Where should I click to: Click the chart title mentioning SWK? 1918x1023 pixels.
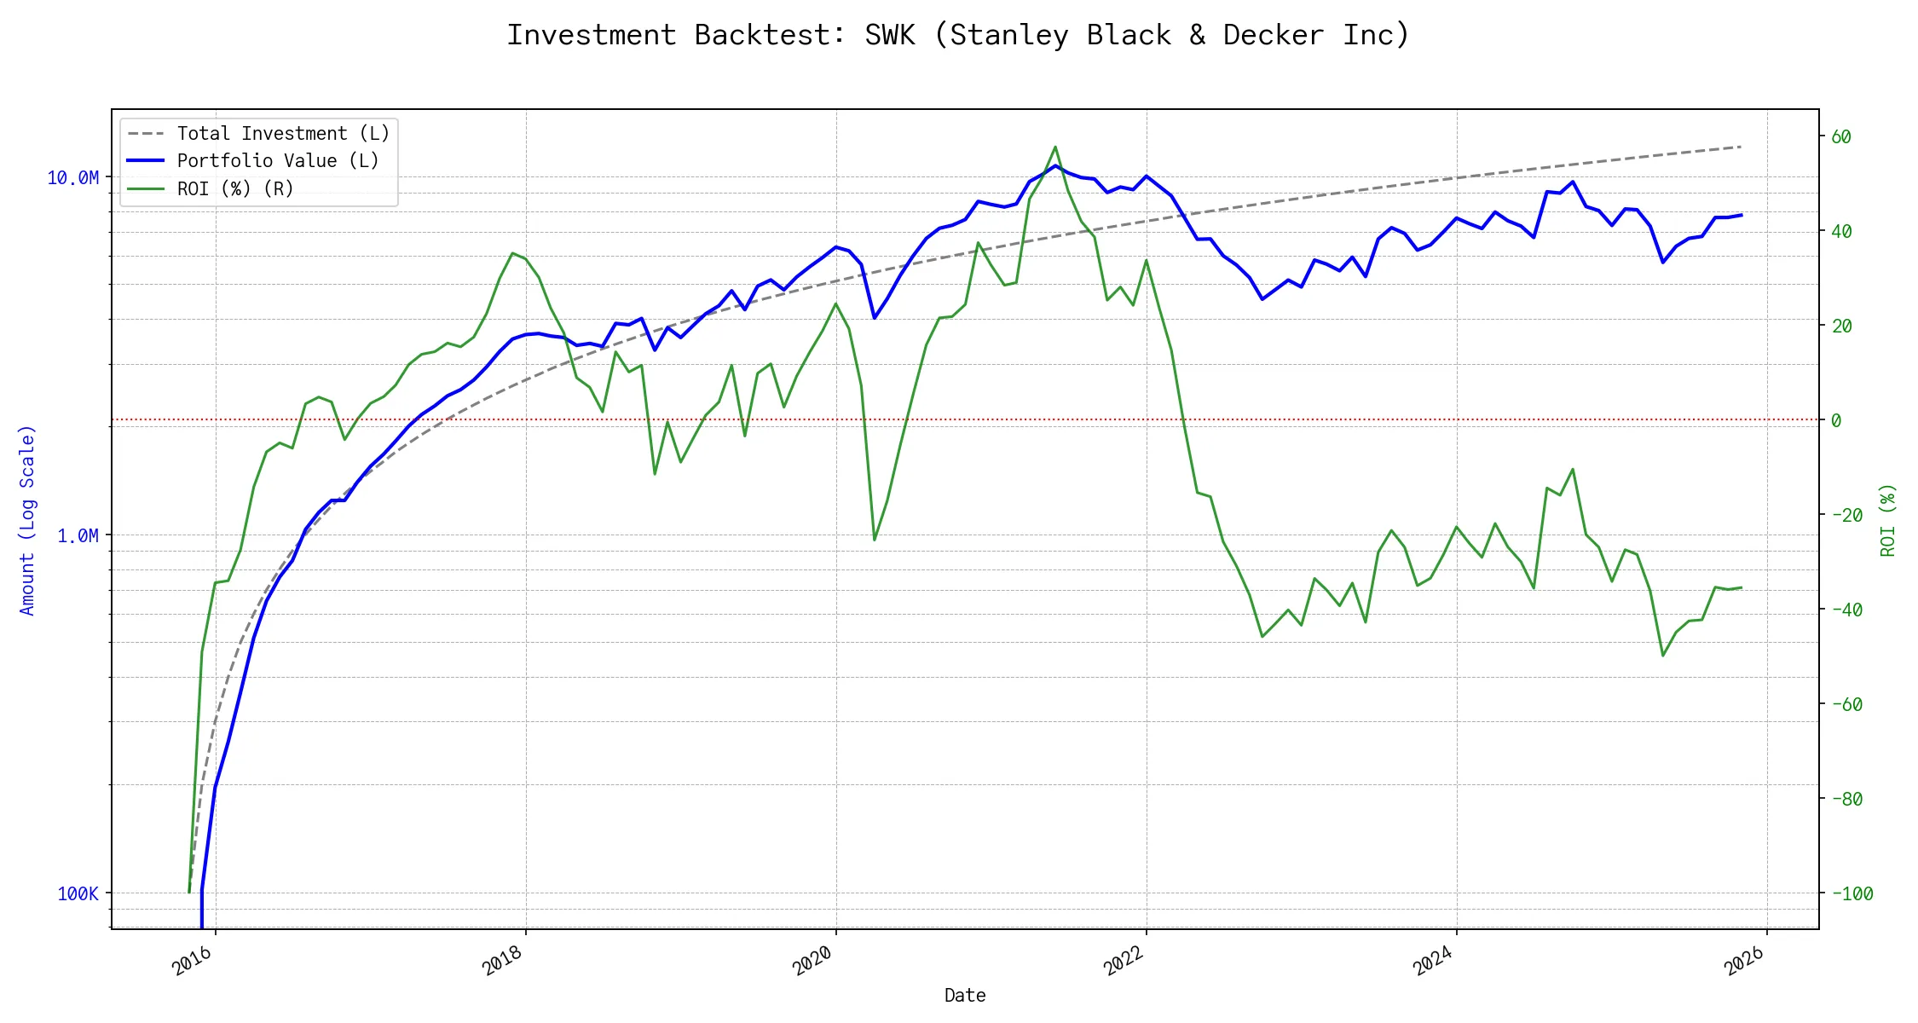click(x=958, y=35)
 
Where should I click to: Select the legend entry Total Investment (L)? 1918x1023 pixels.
click(x=282, y=134)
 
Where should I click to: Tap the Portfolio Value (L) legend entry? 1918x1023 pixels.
click(x=277, y=161)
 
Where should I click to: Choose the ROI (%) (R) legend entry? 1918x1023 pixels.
click(x=234, y=188)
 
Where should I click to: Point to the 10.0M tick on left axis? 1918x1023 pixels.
click(x=73, y=177)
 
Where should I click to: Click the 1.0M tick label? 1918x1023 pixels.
click(x=78, y=535)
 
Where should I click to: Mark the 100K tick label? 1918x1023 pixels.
click(x=78, y=893)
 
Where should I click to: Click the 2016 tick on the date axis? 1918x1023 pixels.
click(x=193, y=962)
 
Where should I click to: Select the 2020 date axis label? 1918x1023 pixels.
click(x=812, y=962)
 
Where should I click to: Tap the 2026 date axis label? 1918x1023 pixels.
click(x=1744, y=962)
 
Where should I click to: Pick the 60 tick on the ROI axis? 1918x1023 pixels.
click(x=1841, y=136)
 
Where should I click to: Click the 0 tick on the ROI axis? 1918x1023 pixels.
click(x=1836, y=420)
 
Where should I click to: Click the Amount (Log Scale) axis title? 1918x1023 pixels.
click(x=27, y=520)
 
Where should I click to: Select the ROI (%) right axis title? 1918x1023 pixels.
click(x=1887, y=520)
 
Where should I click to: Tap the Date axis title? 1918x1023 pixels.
click(x=965, y=995)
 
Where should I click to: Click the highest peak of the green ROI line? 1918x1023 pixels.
click(x=1055, y=147)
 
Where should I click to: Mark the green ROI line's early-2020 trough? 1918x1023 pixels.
click(x=875, y=540)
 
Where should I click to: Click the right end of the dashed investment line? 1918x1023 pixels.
click(x=1741, y=147)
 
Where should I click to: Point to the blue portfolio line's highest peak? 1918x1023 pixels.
click(x=1055, y=165)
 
